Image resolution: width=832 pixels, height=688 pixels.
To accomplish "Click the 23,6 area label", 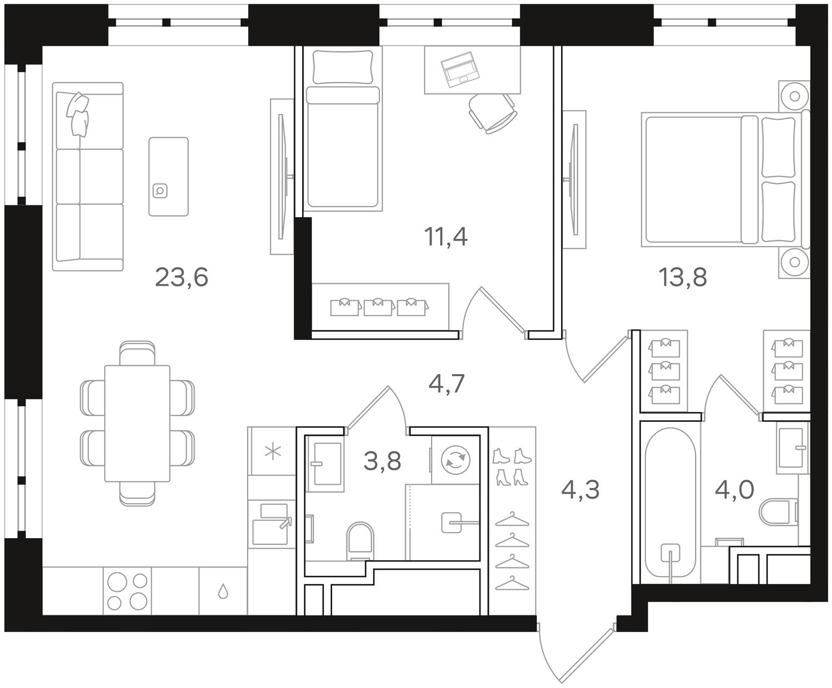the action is click(x=181, y=278).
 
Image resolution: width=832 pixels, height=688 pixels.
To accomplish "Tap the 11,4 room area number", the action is click(x=446, y=237).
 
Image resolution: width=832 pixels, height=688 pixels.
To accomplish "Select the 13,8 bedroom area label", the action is click(x=683, y=277).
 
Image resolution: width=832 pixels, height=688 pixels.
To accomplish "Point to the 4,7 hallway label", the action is click(x=446, y=383).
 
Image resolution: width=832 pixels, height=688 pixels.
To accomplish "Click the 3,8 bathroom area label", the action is click(x=382, y=461).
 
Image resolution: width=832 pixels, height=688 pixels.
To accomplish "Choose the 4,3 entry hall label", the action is click(x=580, y=490).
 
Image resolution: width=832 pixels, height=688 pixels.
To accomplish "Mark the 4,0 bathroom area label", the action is click(x=734, y=490).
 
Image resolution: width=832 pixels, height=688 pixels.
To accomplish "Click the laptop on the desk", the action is click(x=460, y=69).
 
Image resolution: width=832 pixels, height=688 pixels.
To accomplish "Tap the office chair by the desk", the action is click(x=492, y=113).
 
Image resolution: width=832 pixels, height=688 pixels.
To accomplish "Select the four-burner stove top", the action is click(x=127, y=591).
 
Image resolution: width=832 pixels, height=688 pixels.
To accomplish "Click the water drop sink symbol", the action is click(x=223, y=591).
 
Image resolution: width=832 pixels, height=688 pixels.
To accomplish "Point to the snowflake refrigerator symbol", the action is click(x=273, y=452).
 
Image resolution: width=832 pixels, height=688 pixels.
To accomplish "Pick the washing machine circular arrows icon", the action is click(x=455, y=460).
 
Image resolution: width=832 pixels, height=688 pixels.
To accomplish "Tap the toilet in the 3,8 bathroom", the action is click(x=360, y=541).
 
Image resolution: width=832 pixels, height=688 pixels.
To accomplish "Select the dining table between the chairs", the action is click(x=137, y=424).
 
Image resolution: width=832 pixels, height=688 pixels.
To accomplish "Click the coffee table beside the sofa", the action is click(x=169, y=177).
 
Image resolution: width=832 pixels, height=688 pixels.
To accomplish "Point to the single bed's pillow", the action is click(x=343, y=67).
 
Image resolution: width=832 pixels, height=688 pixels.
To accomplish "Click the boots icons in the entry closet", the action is click(x=512, y=467).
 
